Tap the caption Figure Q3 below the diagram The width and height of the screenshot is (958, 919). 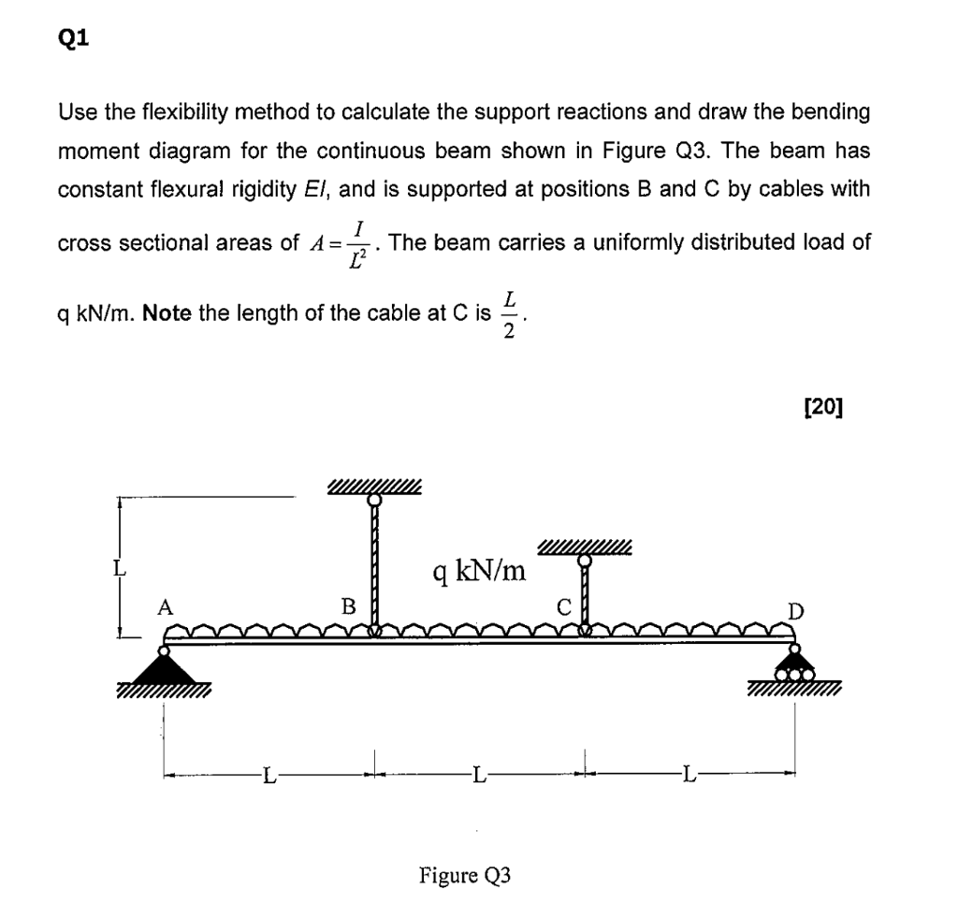point(465,876)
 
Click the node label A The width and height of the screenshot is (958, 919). point(165,607)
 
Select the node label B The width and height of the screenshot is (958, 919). point(349,606)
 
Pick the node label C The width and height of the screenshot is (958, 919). point(563,607)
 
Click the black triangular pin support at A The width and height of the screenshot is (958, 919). point(165,667)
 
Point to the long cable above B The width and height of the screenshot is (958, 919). point(375,562)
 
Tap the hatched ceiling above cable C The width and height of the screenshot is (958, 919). point(586,547)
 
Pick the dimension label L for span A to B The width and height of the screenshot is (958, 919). point(269,774)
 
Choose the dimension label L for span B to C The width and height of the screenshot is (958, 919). point(479,774)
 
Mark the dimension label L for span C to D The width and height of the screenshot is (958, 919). point(689,774)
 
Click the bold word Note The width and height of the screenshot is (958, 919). point(167,312)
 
